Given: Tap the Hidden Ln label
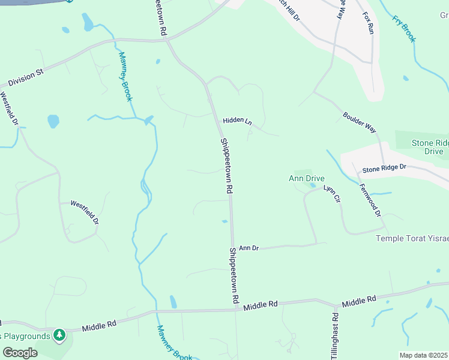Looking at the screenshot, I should (x=237, y=121).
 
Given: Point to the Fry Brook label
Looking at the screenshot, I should (x=404, y=29).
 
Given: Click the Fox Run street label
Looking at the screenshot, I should (x=368, y=23).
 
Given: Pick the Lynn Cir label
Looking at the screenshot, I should (x=332, y=193).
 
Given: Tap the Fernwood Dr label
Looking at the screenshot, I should (x=370, y=200).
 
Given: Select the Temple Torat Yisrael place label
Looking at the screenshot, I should (x=412, y=238).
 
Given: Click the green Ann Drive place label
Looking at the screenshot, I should (x=306, y=178).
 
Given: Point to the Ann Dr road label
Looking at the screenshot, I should (x=249, y=247).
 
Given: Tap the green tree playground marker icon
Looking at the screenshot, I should (x=59, y=335).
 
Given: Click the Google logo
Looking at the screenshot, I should (x=20, y=352).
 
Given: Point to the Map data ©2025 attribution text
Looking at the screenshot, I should (x=423, y=355).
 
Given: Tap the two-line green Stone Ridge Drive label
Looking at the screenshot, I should (x=430, y=147).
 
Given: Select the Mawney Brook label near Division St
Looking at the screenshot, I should (x=124, y=77).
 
